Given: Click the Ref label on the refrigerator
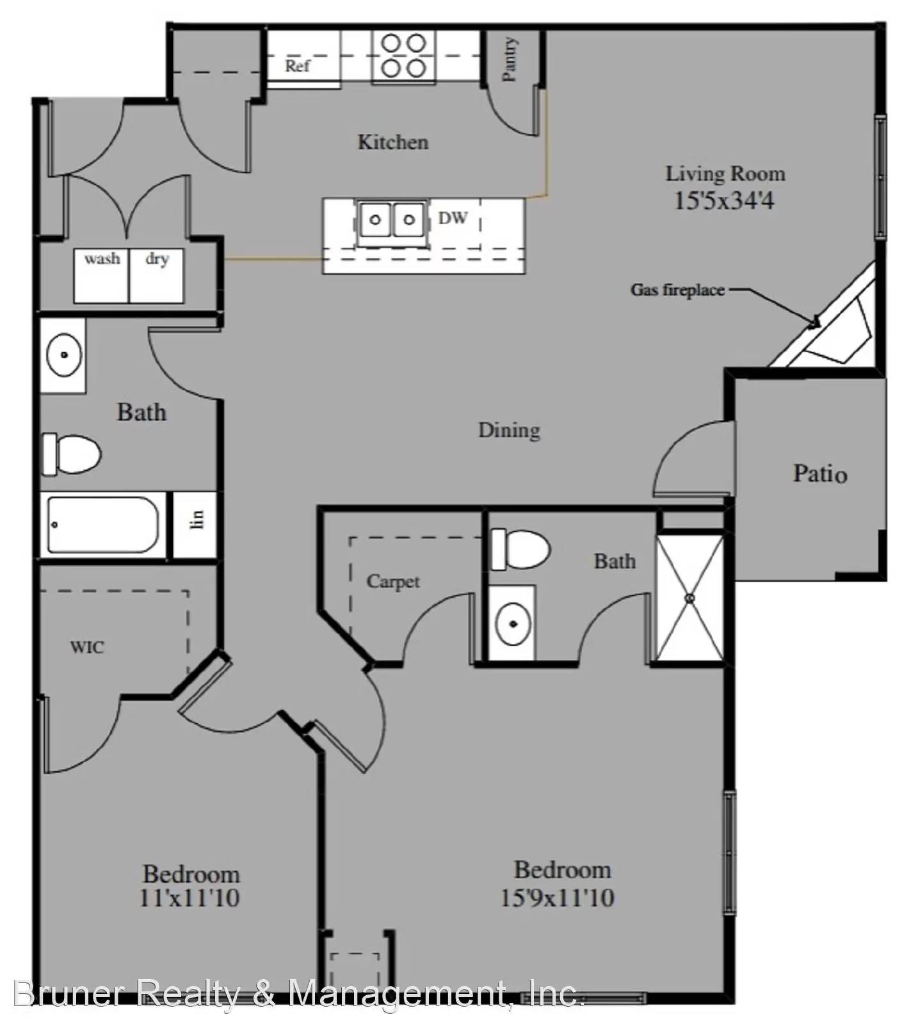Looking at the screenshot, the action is click(297, 65).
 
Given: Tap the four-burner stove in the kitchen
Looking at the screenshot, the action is click(404, 56).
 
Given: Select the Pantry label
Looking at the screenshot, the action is click(510, 60).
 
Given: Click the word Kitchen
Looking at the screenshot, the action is click(392, 141).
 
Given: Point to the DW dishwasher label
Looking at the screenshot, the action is click(453, 218).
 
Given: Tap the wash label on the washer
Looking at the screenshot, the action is click(102, 259).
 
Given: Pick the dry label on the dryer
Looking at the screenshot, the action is click(157, 259).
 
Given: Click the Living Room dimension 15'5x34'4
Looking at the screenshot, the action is click(724, 201).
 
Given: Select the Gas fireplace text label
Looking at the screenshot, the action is click(678, 290).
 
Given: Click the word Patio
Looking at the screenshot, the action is click(820, 474).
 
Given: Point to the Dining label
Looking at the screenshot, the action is click(509, 430).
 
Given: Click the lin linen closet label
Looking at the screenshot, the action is click(197, 519).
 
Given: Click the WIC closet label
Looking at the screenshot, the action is click(87, 647).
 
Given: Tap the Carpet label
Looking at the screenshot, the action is click(393, 582).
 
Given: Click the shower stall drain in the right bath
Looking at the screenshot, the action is click(690, 598).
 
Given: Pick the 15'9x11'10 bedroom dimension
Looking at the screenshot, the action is click(557, 897).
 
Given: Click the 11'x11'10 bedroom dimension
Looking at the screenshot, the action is click(189, 898).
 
